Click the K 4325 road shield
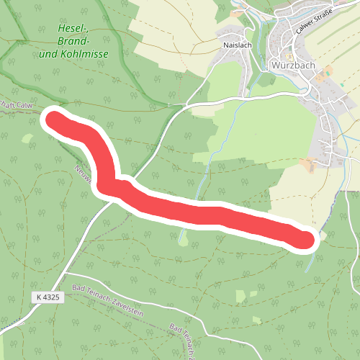(x=48, y=297)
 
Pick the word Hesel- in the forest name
(x=73, y=29)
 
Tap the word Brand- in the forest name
(x=73, y=42)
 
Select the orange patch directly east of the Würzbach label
(x=326, y=71)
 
